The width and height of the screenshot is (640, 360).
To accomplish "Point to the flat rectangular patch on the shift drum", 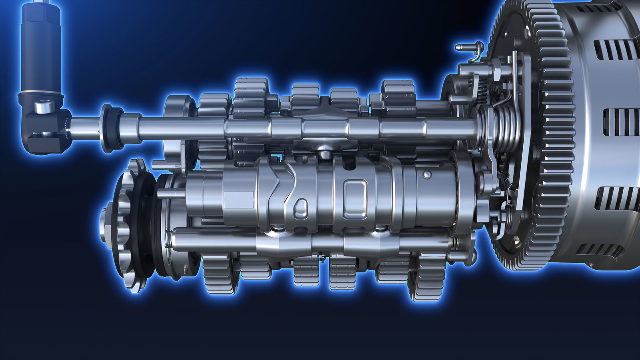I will tap(238, 200).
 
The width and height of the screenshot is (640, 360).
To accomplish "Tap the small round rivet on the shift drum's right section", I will tap(427, 175).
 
